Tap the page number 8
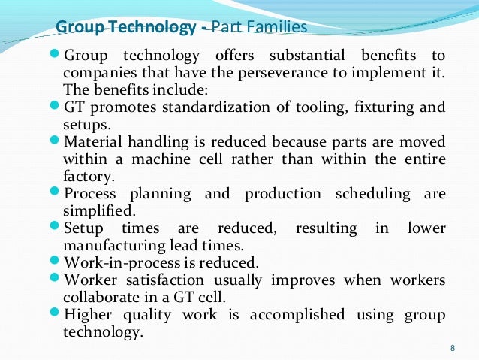tap(452, 348)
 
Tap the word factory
tap(88, 176)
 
